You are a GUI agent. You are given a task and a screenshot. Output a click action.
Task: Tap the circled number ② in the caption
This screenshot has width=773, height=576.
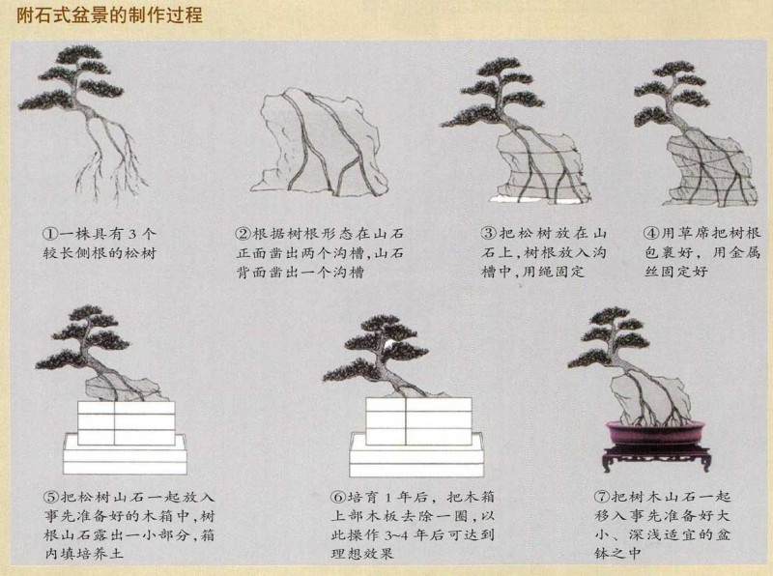(243, 234)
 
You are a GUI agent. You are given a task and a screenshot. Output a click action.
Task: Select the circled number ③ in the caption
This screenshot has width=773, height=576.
(489, 233)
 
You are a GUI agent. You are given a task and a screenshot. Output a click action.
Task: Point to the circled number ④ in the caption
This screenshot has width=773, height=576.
(650, 233)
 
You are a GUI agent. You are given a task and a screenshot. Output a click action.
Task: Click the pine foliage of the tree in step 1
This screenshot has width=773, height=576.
(92, 77)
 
